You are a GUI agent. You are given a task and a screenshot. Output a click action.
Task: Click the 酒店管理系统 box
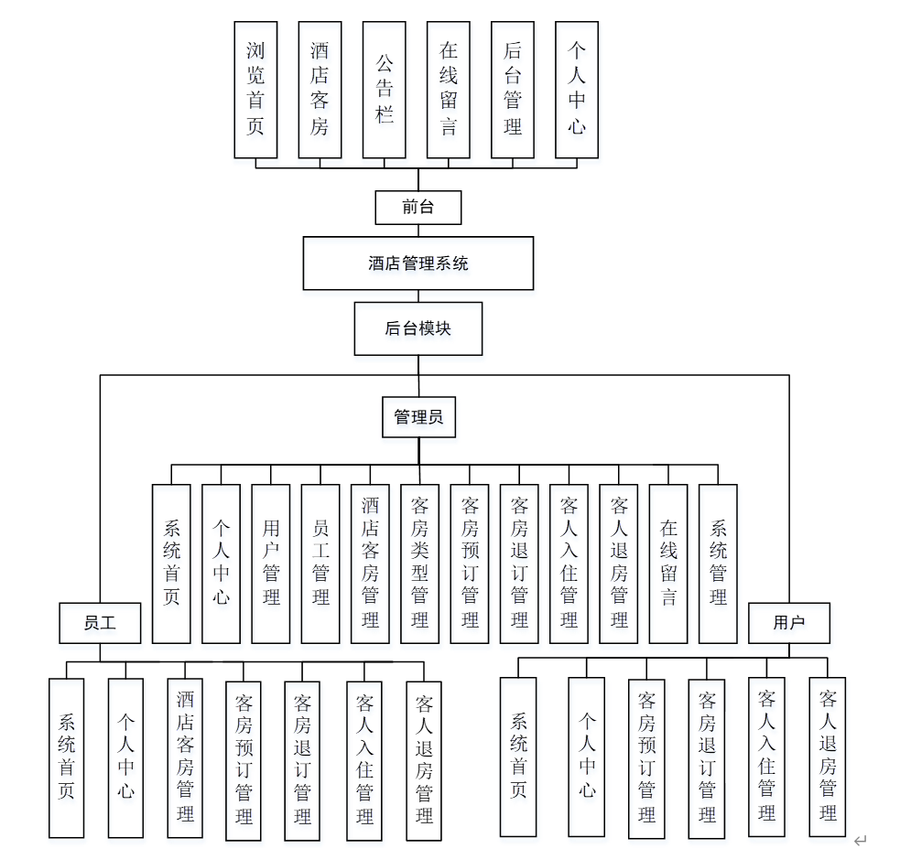click(418, 263)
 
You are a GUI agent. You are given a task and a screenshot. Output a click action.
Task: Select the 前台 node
click(418, 208)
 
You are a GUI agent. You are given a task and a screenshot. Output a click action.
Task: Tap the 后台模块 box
click(418, 328)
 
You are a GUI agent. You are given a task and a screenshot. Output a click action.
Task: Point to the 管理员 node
click(418, 417)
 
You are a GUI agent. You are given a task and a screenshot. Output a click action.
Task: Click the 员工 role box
click(100, 623)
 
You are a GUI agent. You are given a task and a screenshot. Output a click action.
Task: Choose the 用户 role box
click(788, 623)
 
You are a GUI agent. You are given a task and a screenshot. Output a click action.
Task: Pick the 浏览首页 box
click(255, 90)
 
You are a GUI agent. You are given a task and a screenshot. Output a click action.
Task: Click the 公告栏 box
click(385, 90)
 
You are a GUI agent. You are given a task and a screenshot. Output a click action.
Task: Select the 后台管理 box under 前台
click(513, 90)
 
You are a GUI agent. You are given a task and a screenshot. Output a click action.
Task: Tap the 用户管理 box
click(271, 564)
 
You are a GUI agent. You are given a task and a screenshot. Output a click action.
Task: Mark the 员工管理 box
click(320, 564)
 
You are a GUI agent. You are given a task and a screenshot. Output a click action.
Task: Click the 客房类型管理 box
click(420, 564)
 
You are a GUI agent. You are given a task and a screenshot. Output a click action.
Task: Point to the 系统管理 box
click(718, 564)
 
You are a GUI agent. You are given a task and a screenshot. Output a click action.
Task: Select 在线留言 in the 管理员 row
click(668, 564)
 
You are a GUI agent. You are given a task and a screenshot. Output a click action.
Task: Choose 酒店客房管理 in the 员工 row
click(185, 757)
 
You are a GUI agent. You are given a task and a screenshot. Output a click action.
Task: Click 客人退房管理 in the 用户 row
click(828, 757)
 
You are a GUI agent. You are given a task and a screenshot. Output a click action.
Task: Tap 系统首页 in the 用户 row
click(518, 757)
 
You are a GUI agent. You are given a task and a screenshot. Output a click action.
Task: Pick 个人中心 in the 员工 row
click(125, 757)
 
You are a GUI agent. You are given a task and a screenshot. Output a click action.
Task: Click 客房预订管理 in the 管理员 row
click(470, 564)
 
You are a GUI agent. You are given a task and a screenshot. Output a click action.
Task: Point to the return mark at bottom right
click(859, 841)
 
